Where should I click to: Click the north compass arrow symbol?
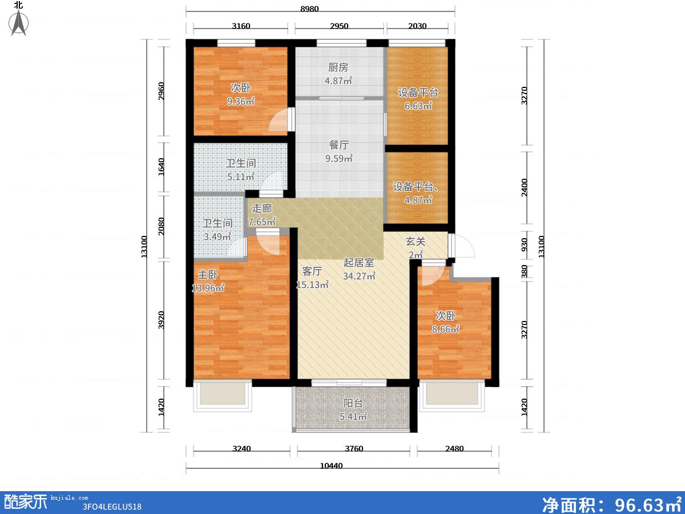click(x=18, y=23)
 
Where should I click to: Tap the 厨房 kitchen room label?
click(x=338, y=67)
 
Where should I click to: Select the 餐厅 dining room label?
click(x=339, y=145)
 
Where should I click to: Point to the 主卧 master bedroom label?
click(x=208, y=275)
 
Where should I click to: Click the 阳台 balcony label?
click(x=353, y=403)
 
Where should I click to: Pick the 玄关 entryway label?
click(x=416, y=241)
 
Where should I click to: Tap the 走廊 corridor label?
click(x=262, y=208)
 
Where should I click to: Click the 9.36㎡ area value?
click(x=240, y=101)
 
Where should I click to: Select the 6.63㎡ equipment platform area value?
click(x=418, y=106)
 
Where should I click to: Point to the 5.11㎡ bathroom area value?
click(x=241, y=177)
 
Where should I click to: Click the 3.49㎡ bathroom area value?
click(x=217, y=236)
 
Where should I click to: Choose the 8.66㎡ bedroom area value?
click(x=446, y=329)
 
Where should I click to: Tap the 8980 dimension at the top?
click(x=309, y=9)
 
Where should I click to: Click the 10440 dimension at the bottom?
click(x=332, y=465)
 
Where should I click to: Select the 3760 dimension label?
click(x=354, y=448)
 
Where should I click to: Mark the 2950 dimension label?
click(x=339, y=26)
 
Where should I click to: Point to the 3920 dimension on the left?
click(x=161, y=320)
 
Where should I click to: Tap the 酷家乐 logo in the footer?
click(x=25, y=502)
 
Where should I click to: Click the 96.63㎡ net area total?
click(x=648, y=505)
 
